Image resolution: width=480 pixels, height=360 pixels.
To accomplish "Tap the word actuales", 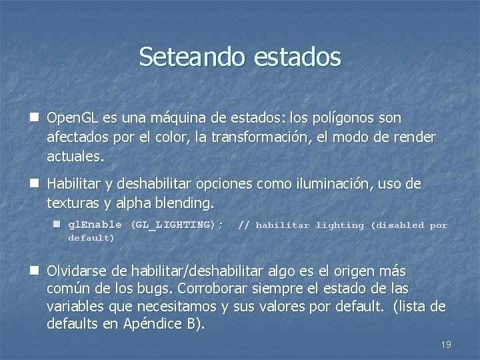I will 75,157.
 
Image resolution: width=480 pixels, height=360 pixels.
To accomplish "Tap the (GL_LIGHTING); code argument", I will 177,225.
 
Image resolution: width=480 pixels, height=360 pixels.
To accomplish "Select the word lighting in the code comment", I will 340,225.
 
